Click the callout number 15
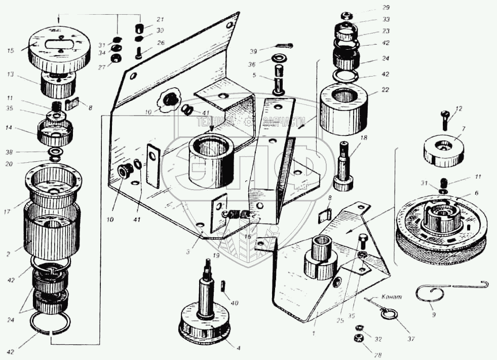click(10, 50)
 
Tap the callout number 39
click(254, 51)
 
